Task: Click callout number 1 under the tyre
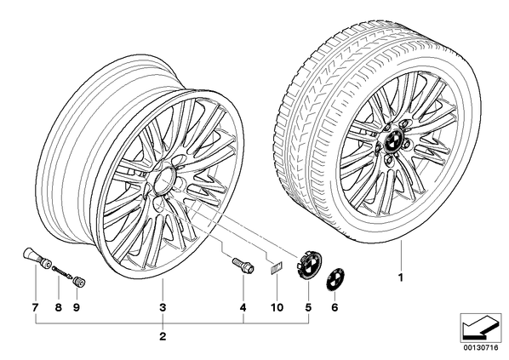click(x=401, y=277)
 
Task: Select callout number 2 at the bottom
click(x=163, y=336)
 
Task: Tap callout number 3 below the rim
click(x=163, y=307)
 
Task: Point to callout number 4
click(x=243, y=307)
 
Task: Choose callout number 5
click(x=308, y=307)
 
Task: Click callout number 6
click(x=335, y=307)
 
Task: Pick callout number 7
click(x=35, y=307)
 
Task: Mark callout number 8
click(x=59, y=307)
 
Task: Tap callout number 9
click(x=77, y=307)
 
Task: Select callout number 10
click(x=277, y=307)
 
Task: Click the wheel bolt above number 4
click(x=243, y=265)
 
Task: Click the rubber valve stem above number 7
click(x=36, y=258)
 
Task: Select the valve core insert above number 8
click(x=62, y=271)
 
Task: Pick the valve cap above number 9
click(x=79, y=281)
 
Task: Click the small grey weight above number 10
click(x=277, y=268)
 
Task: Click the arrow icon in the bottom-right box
click(x=480, y=329)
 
